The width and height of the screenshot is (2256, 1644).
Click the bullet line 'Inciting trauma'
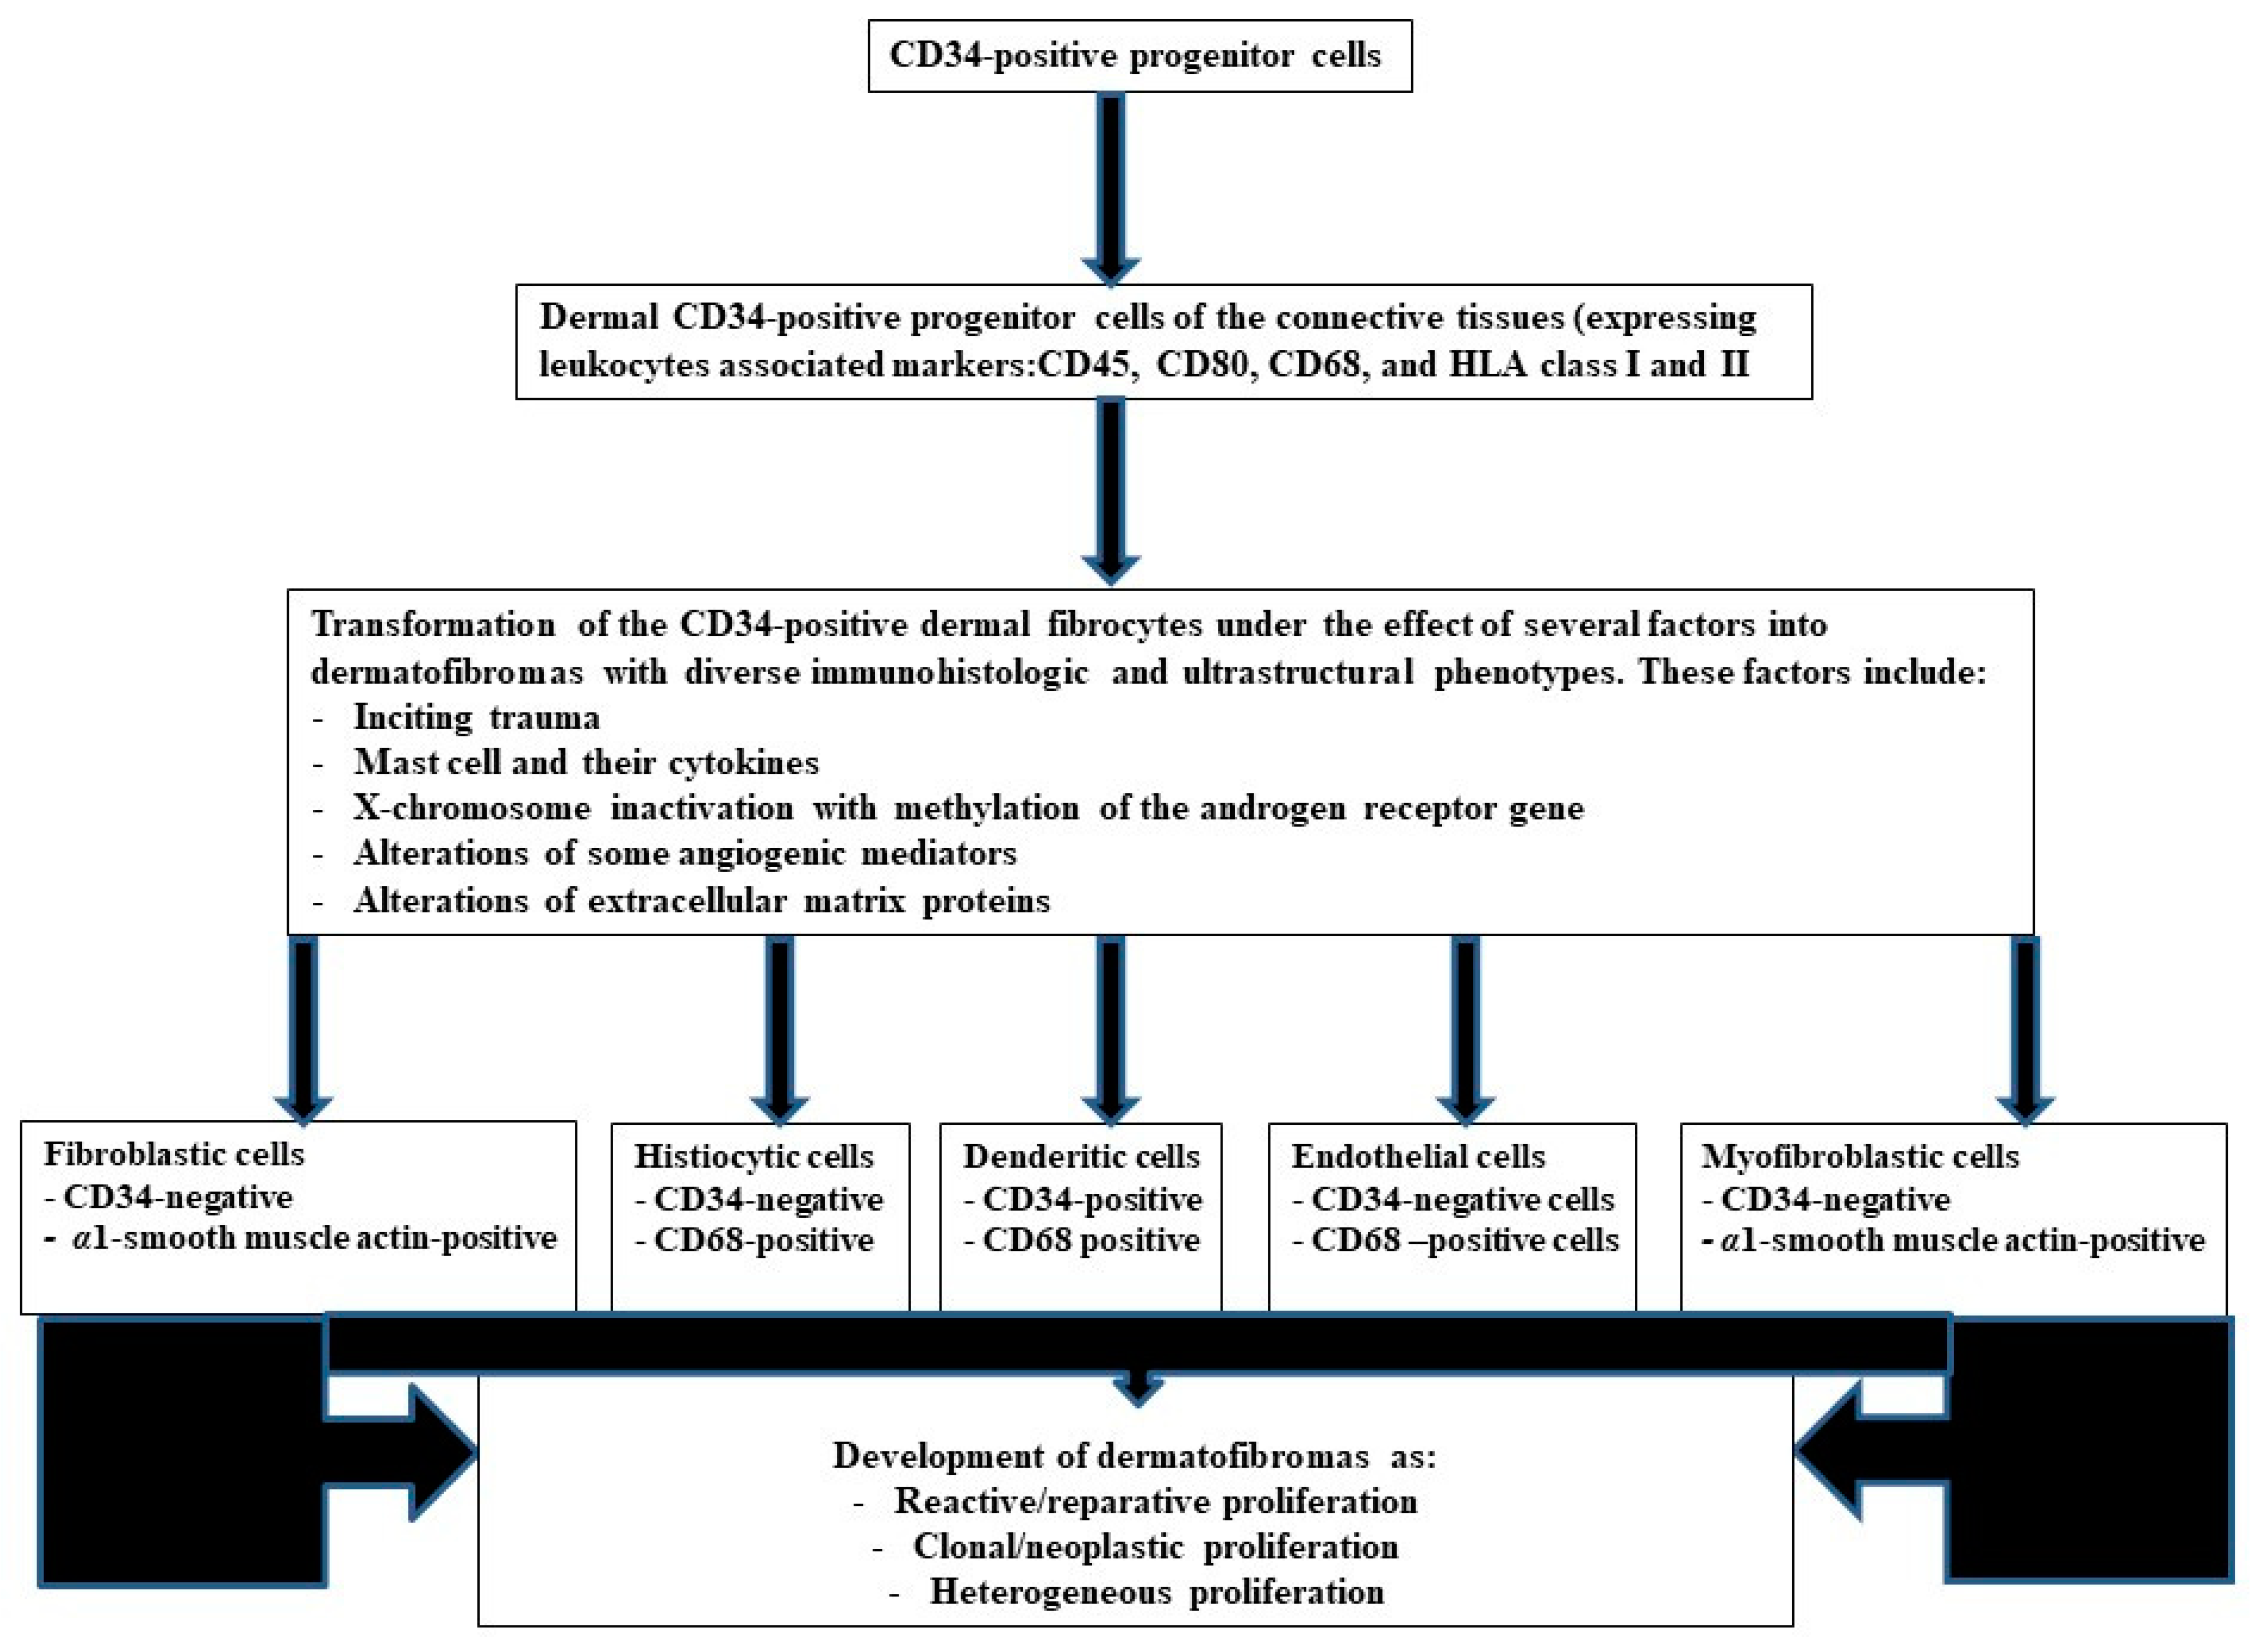tap(476, 716)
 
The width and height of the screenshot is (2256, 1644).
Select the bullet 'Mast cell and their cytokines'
tap(585, 762)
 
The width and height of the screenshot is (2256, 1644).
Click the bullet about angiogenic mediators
tap(685, 853)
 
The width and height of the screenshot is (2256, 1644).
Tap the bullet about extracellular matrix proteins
tap(701, 901)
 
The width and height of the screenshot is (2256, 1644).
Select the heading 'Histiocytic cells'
tap(753, 1156)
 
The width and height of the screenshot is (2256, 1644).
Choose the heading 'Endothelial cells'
tap(1418, 1156)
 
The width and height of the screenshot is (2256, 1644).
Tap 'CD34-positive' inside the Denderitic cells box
tap(1092, 1199)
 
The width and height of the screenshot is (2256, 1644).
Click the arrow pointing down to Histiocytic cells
tap(780, 1025)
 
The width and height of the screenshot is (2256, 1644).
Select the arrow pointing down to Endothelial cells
tap(1465, 1025)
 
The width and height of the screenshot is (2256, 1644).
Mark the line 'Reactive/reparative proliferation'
tap(1155, 1501)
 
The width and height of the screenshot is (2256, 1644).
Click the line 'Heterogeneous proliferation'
tap(1156, 1592)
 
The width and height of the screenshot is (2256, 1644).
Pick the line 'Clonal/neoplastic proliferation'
tap(1155, 1546)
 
